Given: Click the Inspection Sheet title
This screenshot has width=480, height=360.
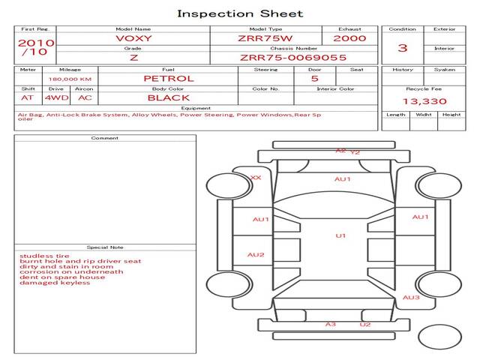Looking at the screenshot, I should pyautogui.click(x=240, y=13).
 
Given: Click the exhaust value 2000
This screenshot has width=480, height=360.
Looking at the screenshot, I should pyautogui.click(x=349, y=38).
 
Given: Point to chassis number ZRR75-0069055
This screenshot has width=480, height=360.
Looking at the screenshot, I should pyautogui.click(x=293, y=57).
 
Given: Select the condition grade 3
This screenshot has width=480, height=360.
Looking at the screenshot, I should pyautogui.click(x=403, y=48).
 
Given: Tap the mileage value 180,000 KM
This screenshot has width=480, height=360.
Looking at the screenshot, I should pyautogui.click(x=70, y=79).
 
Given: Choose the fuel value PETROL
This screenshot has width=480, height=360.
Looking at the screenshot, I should pyautogui.click(x=168, y=78).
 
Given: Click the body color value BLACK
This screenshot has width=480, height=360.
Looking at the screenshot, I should pyautogui.click(x=168, y=97).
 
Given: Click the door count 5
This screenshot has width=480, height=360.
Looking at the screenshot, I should pyautogui.click(x=314, y=78).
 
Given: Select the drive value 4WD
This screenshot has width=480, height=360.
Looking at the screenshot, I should pyautogui.click(x=55, y=97).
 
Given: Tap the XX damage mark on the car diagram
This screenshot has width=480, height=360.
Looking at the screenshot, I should pyautogui.click(x=256, y=178).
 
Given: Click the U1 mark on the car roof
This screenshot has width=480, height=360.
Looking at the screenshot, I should pyautogui.click(x=340, y=236).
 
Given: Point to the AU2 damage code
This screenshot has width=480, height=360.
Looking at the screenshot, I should pyautogui.click(x=256, y=255).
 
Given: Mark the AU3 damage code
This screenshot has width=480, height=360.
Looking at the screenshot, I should pyautogui.click(x=411, y=298).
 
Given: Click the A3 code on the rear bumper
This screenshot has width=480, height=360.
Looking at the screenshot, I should pyautogui.click(x=330, y=324).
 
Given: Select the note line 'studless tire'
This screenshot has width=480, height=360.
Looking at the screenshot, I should pyautogui.click(x=40, y=256).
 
